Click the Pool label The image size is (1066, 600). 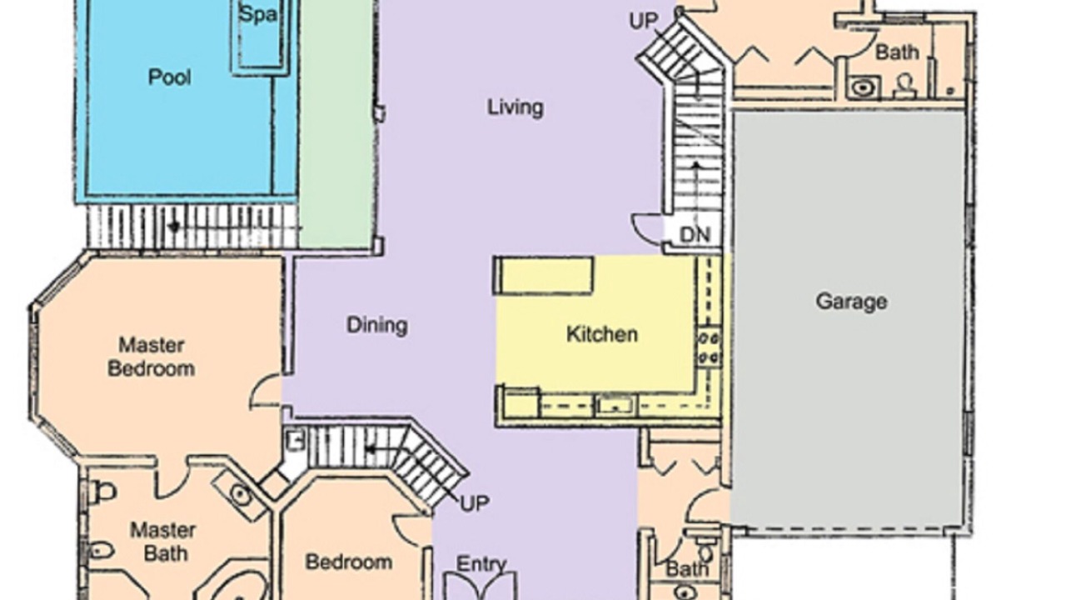point(169,77)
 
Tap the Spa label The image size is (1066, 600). point(258,14)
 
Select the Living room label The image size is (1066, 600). point(515,107)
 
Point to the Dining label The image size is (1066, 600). point(377,326)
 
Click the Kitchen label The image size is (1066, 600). point(601,334)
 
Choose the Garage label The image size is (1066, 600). point(851,302)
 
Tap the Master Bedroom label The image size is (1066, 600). point(152,357)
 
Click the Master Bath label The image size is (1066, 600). point(163,542)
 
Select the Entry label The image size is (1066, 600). point(481,565)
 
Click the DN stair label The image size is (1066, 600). point(695,235)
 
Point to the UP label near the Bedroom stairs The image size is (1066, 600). point(475,502)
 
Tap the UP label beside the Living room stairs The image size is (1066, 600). point(644,21)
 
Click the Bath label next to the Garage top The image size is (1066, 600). point(897,52)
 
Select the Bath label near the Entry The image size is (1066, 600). point(687,568)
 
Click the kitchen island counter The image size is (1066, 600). point(543,275)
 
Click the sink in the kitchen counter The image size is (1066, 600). point(615,406)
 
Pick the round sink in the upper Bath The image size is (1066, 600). point(862,88)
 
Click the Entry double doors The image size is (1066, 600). point(480,586)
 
